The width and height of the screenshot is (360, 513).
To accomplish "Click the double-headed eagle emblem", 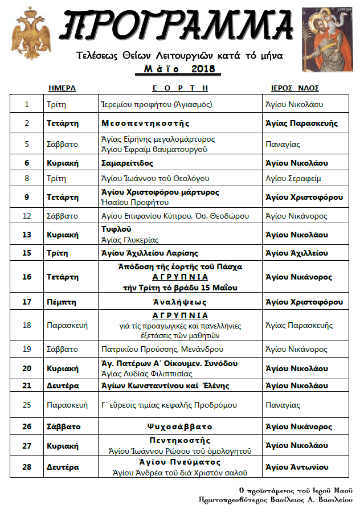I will point(31,33).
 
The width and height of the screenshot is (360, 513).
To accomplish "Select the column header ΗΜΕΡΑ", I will point(62,88).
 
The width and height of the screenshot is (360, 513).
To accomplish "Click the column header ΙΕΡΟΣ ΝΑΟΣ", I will point(295,88).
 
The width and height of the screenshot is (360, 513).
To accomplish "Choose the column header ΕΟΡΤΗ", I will point(180,88).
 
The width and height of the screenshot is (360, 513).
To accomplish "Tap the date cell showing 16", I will point(27,277).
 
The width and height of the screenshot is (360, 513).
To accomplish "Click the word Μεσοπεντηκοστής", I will point(145,123).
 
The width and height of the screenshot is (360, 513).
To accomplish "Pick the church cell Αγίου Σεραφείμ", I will point(293,178).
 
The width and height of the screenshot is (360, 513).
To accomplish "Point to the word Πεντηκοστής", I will point(180,441).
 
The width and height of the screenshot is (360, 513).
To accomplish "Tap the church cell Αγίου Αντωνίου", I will point(297,467).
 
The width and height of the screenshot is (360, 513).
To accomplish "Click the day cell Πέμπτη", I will point(62,302).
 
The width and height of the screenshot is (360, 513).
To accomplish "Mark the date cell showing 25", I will point(27,405).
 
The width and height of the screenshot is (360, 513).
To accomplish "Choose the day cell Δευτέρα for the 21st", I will point(63,385).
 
